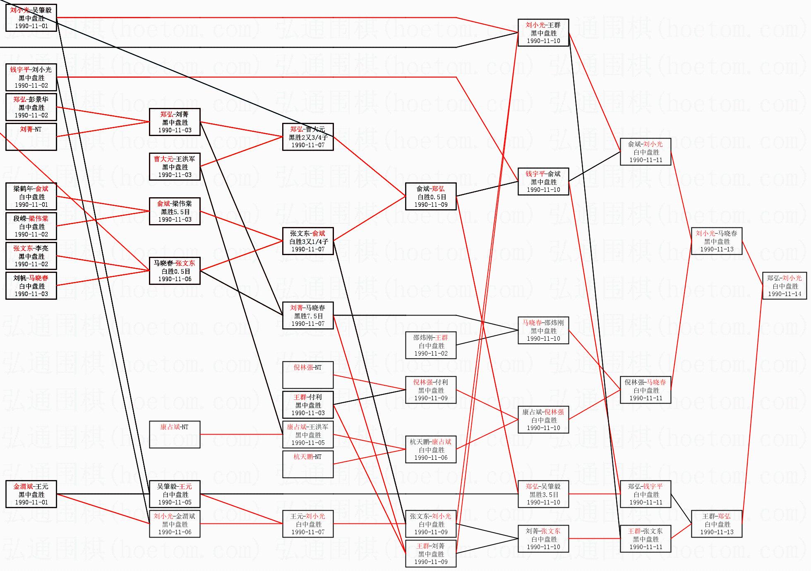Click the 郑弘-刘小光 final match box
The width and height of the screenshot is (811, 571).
click(x=785, y=286)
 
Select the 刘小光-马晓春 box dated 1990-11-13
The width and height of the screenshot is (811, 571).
click(x=717, y=241)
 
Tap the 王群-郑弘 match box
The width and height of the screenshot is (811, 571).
click(x=717, y=524)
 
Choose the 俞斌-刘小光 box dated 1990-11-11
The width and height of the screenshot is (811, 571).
click(x=645, y=152)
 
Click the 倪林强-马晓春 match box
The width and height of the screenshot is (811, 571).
click(x=645, y=390)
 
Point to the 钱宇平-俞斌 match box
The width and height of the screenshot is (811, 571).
click(x=543, y=182)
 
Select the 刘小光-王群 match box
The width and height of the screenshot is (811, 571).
click(x=543, y=33)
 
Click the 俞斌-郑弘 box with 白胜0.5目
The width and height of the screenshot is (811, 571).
click(x=431, y=196)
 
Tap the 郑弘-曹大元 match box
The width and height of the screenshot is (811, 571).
click(x=308, y=137)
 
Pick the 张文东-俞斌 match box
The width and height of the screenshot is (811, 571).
click(x=308, y=241)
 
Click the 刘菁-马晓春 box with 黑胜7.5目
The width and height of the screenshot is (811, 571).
click(x=308, y=315)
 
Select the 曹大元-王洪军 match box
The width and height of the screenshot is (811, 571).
click(x=175, y=167)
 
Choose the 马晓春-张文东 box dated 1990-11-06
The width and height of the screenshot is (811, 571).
click(x=175, y=271)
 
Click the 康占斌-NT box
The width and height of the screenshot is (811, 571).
click(x=175, y=435)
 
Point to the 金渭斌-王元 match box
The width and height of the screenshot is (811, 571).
click(x=31, y=494)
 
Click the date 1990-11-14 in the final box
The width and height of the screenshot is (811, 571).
click(x=785, y=294)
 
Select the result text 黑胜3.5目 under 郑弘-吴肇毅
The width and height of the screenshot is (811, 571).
click(x=544, y=495)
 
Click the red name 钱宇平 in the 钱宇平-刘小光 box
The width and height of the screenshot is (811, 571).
click(x=20, y=69)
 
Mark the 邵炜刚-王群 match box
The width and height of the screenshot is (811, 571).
click(x=431, y=345)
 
